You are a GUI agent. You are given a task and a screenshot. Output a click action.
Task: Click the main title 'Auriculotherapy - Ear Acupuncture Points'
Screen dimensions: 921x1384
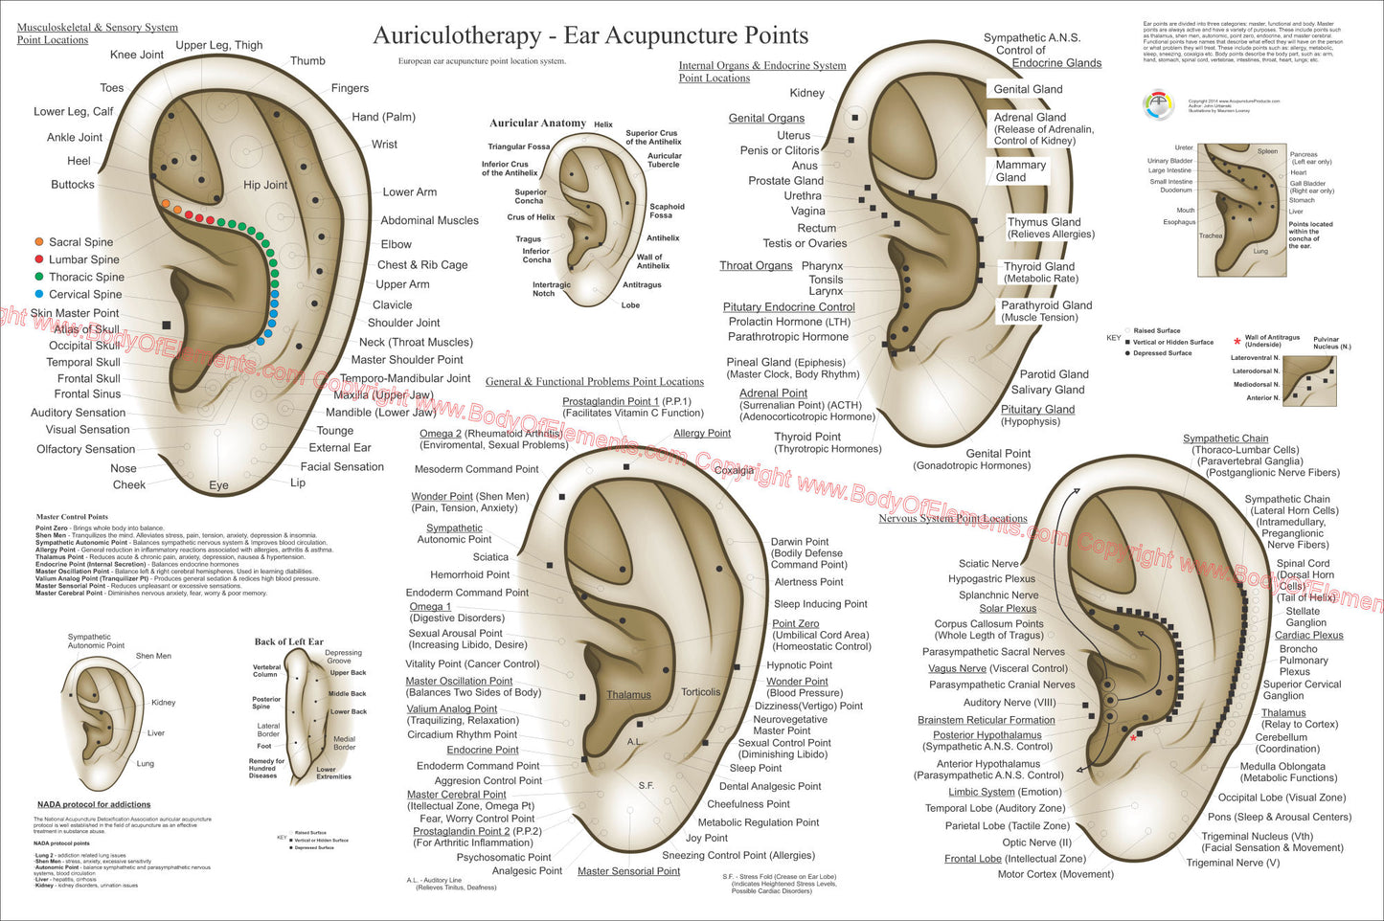click(590, 36)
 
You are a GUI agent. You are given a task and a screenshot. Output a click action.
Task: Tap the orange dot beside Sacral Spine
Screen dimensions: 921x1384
click(39, 242)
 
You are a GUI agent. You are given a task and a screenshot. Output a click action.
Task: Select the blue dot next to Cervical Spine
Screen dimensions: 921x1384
click(39, 294)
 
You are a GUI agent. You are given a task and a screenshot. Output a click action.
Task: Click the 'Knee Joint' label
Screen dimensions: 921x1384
click(137, 55)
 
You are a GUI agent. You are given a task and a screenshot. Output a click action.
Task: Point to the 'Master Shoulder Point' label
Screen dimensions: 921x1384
click(407, 360)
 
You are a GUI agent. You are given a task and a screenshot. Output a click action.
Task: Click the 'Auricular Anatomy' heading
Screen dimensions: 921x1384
click(537, 124)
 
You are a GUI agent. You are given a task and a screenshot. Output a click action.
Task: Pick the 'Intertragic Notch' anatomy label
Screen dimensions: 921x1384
click(551, 289)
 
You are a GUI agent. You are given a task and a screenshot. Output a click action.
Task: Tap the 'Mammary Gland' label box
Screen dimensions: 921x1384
click(1020, 171)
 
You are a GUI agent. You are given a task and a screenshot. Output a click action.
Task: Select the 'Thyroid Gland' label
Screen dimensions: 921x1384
click(1039, 267)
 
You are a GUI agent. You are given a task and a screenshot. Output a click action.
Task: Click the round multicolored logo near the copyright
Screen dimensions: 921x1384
click(1158, 105)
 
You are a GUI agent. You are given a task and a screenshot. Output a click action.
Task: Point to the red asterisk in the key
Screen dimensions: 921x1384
click(1237, 341)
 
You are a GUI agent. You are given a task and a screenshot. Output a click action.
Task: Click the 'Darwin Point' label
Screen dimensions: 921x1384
click(800, 542)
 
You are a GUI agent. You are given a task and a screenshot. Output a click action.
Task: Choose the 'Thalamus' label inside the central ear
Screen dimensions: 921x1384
click(628, 695)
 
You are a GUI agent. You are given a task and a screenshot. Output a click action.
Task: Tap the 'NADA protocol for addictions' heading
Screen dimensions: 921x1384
click(94, 804)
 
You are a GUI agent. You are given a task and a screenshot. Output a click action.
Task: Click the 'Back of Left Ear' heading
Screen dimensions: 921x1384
click(288, 641)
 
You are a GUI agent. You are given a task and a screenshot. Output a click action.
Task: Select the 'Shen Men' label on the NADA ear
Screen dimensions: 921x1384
click(153, 656)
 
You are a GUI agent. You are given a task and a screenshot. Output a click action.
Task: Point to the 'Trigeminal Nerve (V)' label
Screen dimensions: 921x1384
click(1233, 863)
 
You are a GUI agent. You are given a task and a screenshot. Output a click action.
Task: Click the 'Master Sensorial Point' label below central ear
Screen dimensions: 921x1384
click(628, 871)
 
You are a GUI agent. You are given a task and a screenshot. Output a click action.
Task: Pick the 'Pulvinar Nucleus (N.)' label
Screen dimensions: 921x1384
click(1331, 342)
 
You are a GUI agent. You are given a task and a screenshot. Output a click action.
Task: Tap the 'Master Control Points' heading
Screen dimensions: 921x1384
click(72, 517)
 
